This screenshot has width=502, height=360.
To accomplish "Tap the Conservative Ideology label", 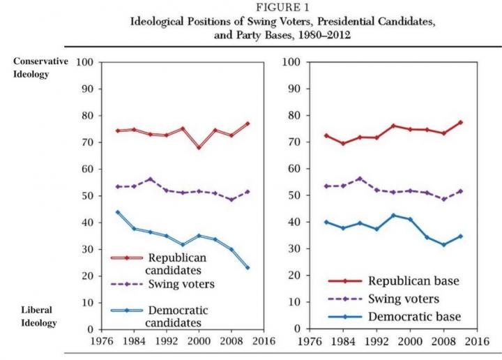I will coord(40,68).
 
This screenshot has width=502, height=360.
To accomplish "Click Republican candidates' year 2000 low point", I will coord(199,147).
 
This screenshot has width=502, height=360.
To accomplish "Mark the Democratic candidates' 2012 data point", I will coord(247,267).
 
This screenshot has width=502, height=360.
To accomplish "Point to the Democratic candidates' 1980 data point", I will coord(118,212).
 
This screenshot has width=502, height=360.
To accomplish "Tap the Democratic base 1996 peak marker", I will coord(393,216).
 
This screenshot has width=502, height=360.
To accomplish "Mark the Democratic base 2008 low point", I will coord(444,245).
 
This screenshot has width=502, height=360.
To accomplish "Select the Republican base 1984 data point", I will coord(342,143).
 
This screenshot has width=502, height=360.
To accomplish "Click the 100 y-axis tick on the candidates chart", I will coord(84,62).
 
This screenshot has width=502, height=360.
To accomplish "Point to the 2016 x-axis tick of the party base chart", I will coord(476,343).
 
